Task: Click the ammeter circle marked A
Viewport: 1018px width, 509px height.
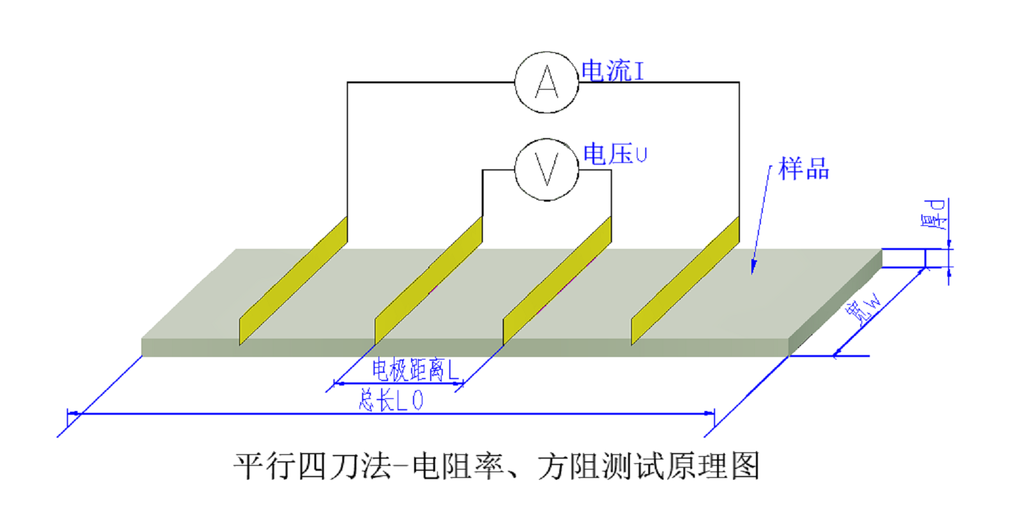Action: pyautogui.click(x=547, y=83)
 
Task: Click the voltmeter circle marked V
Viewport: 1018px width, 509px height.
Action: pyautogui.click(x=547, y=170)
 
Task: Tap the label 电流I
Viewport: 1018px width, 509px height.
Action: pyautogui.click(x=613, y=71)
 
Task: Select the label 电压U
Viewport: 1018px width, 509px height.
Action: pyautogui.click(x=615, y=155)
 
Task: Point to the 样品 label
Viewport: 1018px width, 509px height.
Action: pyautogui.click(x=804, y=169)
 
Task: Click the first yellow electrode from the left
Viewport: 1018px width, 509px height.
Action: pyautogui.click(x=293, y=281)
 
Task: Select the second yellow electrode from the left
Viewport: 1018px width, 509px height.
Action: pyautogui.click(x=428, y=281)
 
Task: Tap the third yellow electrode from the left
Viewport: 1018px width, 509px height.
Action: pyautogui.click(x=557, y=281)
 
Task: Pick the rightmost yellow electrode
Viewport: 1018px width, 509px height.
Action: pyautogui.click(x=685, y=281)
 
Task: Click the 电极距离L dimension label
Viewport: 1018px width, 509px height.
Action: pyautogui.click(x=415, y=369)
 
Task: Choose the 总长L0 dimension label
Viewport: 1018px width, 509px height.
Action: pyautogui.click(x=391, y=400)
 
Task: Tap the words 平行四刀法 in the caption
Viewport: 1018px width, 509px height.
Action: pyautogui.click(x=312, y=466)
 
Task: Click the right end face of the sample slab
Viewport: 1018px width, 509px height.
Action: pyautogui.click(x=835, y=302)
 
